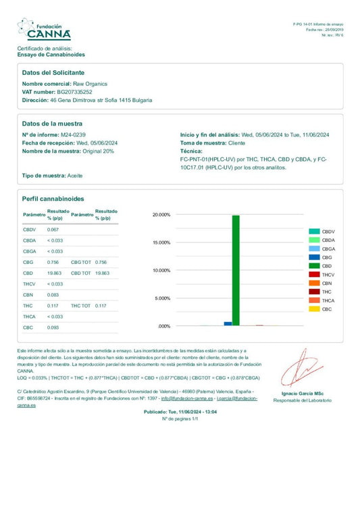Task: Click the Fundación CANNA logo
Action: click(44, 29)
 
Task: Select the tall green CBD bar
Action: click(236, 270)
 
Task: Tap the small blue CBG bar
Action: click(228, 323)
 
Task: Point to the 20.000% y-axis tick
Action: click(162, 215)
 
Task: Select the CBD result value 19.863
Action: click(55, 273)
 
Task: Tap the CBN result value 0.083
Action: click(53, 295)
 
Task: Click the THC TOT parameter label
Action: click(80, 306)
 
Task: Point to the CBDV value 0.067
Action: click(53, 230)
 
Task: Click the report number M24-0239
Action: click(74, 135)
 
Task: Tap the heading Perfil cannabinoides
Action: click(53, 199)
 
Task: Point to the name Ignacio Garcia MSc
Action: click(302, 394)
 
